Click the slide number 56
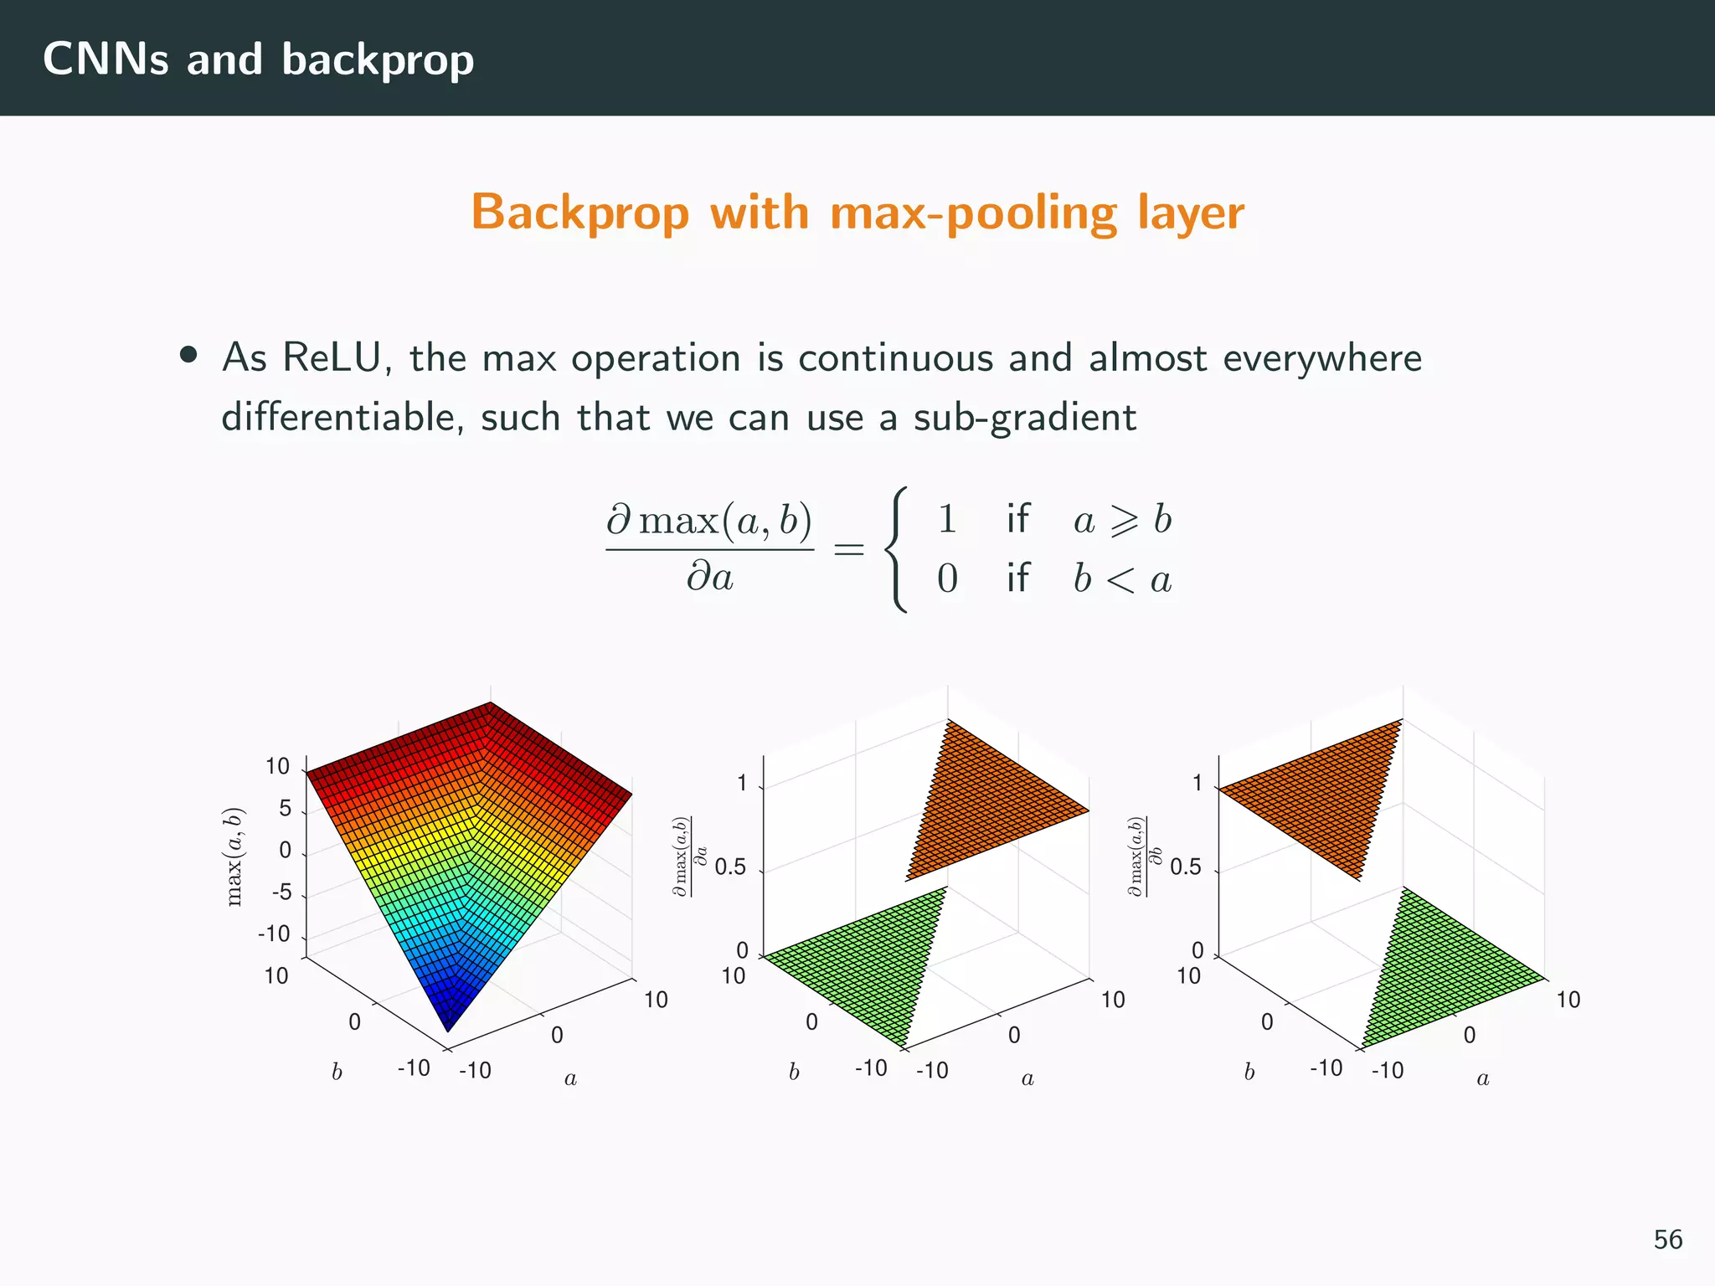click(1667, 1240)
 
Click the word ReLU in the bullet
click(332, 358)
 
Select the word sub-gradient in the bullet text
click(1024, 418)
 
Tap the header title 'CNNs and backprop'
click(258, 59)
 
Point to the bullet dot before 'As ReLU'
click(188, 356)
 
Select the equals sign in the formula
click(848, 550)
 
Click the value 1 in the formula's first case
click(947, 519)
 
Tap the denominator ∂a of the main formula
click(710, 578)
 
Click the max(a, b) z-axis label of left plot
click(234, 856)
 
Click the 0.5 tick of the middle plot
click(730, 867)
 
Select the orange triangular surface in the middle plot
click(988, 804)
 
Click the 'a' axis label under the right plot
click(1483, 1078)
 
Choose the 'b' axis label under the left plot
click(337, 1073)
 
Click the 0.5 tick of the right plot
click(1186, 867)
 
